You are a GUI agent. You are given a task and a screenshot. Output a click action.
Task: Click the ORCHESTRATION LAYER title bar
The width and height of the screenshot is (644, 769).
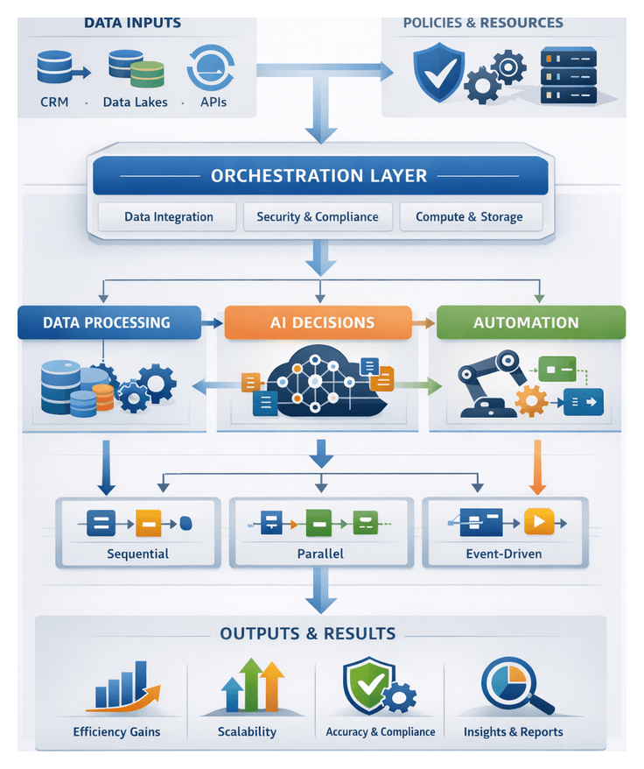pyautogui.click(x=319, y=176)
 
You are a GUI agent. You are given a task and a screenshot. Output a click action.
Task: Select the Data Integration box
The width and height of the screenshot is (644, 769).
pyautogui.click(x=168, y=217)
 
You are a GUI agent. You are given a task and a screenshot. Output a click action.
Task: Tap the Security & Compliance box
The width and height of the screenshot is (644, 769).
pyautogui.click(x=318, y=217)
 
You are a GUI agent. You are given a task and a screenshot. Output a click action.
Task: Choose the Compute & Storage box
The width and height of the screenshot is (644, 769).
pyautogui.click(x=469, y=217)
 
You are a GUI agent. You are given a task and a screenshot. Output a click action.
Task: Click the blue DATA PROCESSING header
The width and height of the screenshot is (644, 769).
pyautogui.click(x=107, y=322)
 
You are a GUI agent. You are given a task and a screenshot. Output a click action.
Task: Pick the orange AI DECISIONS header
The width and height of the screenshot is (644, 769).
pyautogui.click(x=318, y=322)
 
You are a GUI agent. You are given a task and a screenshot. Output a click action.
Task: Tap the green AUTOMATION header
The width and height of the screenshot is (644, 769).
pyautogui.click(x=526, y=322)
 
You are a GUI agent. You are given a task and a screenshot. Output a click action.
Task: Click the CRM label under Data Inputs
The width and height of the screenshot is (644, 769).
pyautogui.click(x=54, y=102)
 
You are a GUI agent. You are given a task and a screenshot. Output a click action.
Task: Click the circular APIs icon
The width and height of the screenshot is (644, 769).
pyautogui.click(x=211, y=67)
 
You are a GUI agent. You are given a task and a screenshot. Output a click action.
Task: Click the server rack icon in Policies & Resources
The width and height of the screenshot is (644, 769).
pyautogui.click(x=568, y=76)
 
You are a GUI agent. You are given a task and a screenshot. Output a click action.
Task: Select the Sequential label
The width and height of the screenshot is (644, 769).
pyautogui.click(x=137, y=554)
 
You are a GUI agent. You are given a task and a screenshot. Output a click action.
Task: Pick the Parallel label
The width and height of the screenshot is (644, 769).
pyautogui.click(x=319, y=554)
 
